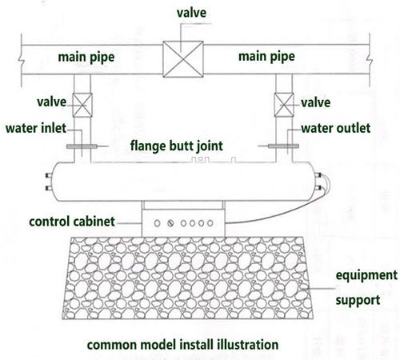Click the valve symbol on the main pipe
pos(183,59)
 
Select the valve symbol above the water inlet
pos(82,105)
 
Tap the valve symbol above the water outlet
pos(284,105)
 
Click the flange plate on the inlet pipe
pos(82,146)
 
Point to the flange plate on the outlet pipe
pos(283,146)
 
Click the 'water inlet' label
pos(36,128)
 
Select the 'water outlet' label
pos(336,128)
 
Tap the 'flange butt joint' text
pos(177,146)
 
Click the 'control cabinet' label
pos(72,222)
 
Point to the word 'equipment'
pos(366,275)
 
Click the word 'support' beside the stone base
pos(358,301)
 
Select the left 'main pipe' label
pos(86,58)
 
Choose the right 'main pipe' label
pos(266,57)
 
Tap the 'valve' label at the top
pos(191,13)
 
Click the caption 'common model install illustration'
pos(182,345)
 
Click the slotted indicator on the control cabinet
pos(170,223)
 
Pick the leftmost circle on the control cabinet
pos(157,223)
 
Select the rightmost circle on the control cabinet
pos(210,223)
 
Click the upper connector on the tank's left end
pos(49,175)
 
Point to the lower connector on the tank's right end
pos(318,188)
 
